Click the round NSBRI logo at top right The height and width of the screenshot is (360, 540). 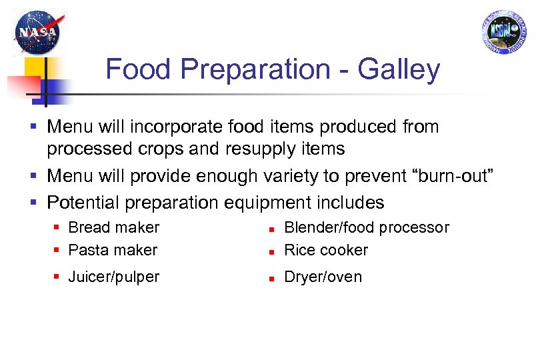[501, 31]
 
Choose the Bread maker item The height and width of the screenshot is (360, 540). [114, 227]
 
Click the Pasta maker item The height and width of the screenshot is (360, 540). [113, 250]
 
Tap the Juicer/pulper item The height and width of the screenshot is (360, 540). [114, 277]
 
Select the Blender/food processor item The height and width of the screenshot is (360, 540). [367, 227]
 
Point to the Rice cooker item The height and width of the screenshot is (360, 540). [326, 250]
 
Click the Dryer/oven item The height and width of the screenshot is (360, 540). [323, 277]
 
